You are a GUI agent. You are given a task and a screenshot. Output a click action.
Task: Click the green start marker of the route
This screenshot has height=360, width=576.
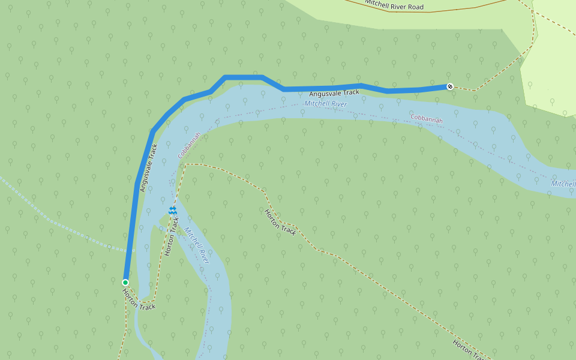pyautogui.click(x=125, y=283)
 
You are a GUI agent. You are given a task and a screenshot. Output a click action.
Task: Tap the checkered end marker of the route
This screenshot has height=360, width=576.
pyautogui.click(x=449, y=86)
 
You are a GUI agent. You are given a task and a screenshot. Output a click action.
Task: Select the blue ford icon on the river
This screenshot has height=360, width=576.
pyautogui.click(x=173, y=210)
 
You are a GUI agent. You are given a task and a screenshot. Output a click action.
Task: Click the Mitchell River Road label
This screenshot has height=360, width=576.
pyautogui.click(x=394, y=5)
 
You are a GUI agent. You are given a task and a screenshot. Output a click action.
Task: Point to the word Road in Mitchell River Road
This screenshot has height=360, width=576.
pyautogui.click(x=415, y=7)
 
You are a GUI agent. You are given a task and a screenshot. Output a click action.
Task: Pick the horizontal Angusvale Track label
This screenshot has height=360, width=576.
pyautogui.click(x=334, y=93)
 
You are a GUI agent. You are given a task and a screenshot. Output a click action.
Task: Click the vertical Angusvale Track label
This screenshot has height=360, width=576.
pyautogui.click(x=148, y=168)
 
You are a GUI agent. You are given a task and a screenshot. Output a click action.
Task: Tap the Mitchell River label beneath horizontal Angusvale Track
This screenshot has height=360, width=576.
pyautogui.click(x=326, y=104)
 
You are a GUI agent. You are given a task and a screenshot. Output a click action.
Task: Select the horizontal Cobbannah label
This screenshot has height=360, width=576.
pyautogui.click(x=427, y=118)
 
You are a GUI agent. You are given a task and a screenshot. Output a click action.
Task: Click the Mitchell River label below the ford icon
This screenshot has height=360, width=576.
pyautogui.click(x=197, y=245)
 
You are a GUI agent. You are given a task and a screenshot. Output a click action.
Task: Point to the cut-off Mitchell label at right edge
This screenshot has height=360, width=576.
pyautogui.click(x=563, y=184)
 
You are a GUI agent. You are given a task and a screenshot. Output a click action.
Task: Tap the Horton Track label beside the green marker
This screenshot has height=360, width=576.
pyautogui.click(x=139, y=299)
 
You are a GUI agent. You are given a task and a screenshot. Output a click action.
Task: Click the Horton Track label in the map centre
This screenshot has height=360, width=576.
pyautogui.click(x=280, y=222)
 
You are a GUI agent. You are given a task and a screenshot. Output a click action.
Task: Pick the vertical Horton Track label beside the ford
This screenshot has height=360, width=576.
pyautogui.click(x=172, y=236)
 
